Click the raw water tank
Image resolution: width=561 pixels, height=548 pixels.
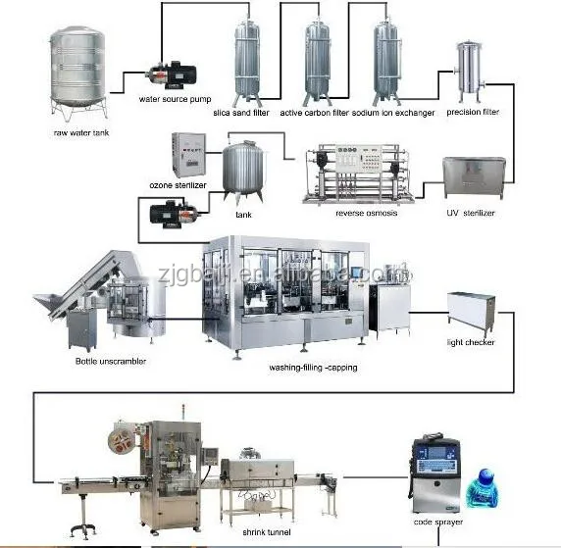(78, 74)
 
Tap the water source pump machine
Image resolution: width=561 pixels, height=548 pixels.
(172, 75)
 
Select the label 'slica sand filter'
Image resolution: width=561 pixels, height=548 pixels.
(241, 113)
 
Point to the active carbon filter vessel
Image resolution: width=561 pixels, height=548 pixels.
(317, 64)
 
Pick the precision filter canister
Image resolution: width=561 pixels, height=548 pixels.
(469, 72)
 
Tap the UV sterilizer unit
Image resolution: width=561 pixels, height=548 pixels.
(474, 177)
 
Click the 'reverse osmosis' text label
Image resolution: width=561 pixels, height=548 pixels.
(367, 213)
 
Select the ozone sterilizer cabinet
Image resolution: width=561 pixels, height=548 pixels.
(188, 155)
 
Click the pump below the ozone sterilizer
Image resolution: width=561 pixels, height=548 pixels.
(174, 214)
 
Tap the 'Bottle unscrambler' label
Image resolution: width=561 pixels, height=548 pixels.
(111, 362)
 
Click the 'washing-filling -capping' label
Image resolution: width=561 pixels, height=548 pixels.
(313, 368)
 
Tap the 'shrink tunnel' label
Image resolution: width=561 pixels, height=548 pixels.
(267, 532)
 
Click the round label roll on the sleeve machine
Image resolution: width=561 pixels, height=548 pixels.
(122, 438)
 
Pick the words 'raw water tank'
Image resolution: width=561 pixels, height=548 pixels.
(81, 132)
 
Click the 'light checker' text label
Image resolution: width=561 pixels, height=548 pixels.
(471, 342)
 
